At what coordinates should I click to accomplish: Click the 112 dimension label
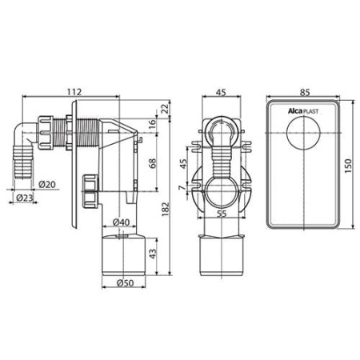[x=74, y=91]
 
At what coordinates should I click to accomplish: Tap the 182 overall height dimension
[x=166, y=210]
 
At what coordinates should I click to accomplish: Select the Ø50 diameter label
[x=125, y=283]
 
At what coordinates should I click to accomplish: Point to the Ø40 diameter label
[x=121, y=222]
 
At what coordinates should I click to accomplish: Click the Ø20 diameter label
[x=47, y=184]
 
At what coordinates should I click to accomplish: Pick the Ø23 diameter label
[x=24, y=198]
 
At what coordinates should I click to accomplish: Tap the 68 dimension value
[x=152, y=163]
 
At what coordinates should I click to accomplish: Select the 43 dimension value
[x=153, y=254]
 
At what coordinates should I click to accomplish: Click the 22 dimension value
[x=166, y=109]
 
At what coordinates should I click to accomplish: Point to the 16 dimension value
[x=152, y=124]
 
